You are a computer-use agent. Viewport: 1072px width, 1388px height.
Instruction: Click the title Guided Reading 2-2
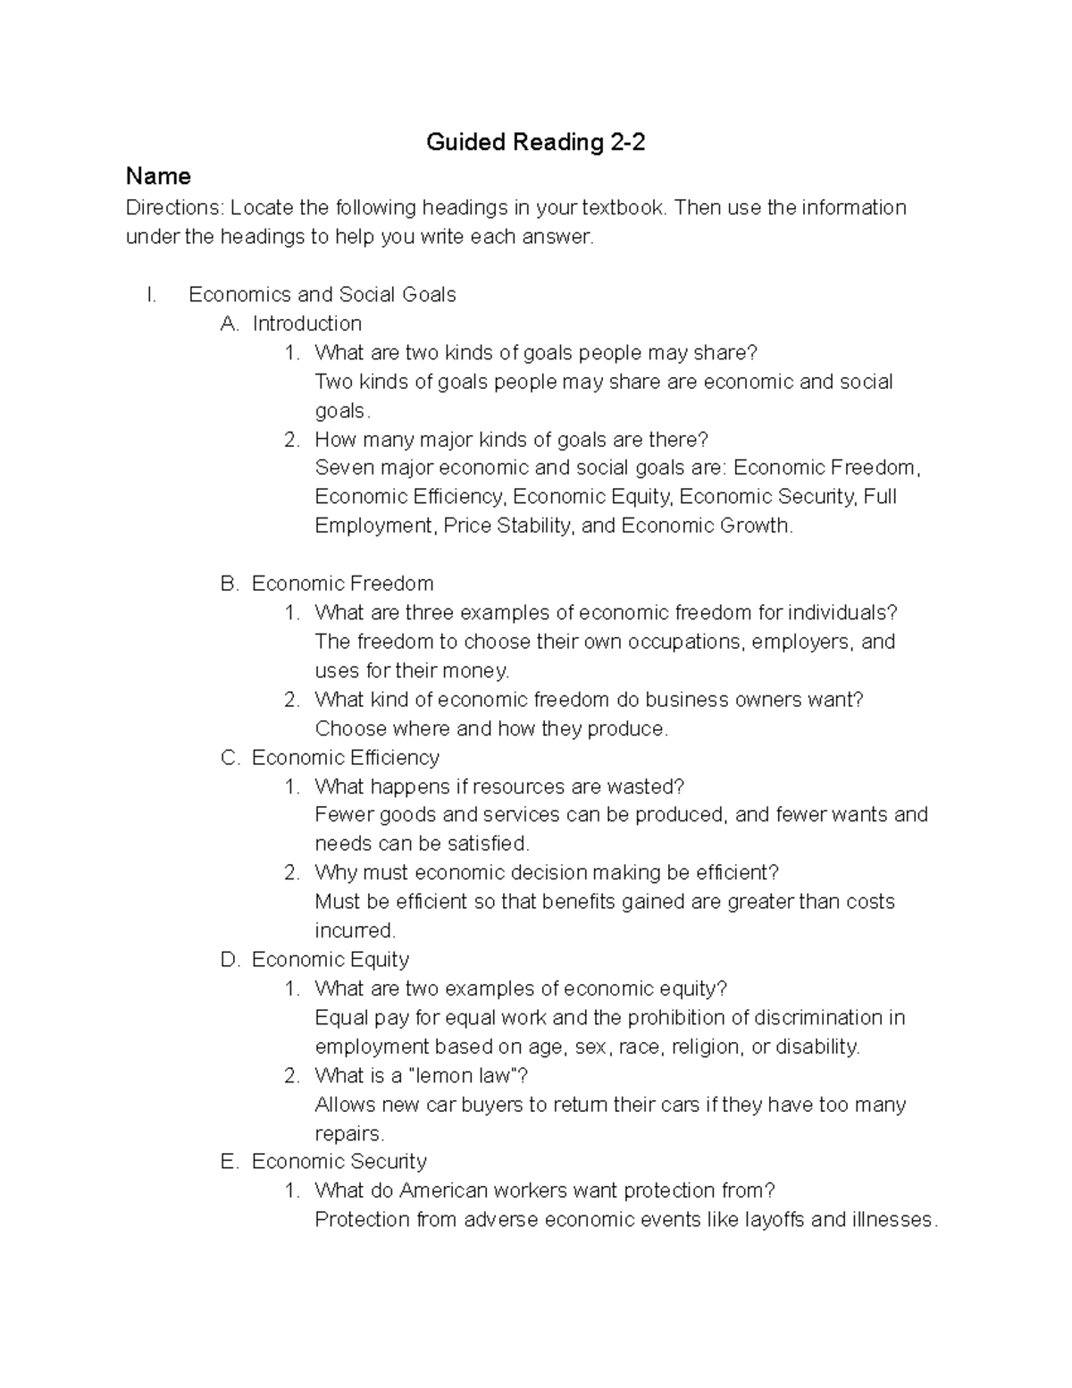pos(535,142)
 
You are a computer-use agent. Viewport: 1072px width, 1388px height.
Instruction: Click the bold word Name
pos(158,175)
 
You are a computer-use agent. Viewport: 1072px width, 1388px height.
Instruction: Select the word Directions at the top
pos(174,207)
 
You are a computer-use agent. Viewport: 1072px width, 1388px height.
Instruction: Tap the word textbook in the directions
pos(624,207)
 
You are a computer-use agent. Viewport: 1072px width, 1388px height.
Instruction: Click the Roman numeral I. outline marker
pos(152,295)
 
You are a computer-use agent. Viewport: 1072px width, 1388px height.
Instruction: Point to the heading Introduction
pos(306,324)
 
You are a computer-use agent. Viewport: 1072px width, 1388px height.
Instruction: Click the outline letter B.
pos(230,584)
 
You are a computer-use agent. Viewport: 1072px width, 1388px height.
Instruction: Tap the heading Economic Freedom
pos(342,584)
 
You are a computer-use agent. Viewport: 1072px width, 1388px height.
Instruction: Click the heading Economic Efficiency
pos(345,758)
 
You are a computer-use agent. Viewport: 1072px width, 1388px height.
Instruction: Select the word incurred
pos(354,930)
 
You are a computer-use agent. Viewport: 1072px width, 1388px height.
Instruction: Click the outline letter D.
pos(230,960)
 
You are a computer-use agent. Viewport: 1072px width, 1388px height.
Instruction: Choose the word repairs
pos(348,1133)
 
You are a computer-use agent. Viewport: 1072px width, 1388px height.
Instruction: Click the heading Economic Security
pos(339,1161)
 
